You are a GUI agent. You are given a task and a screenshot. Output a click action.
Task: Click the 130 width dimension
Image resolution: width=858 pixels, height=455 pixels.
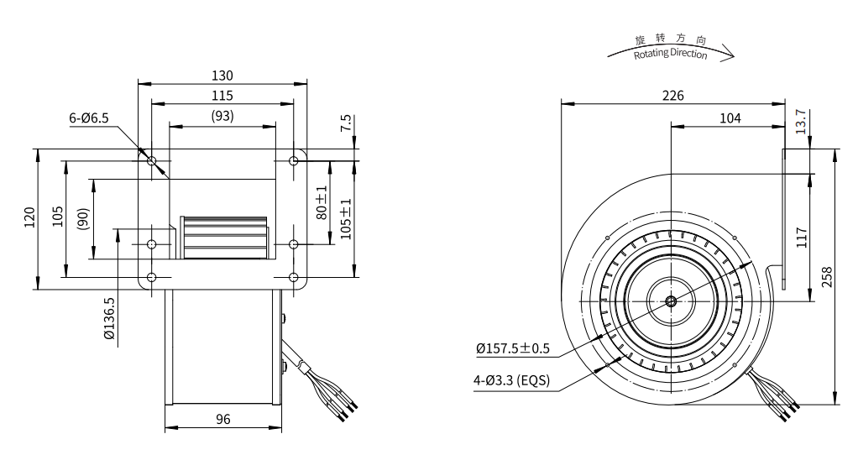pos(222,76)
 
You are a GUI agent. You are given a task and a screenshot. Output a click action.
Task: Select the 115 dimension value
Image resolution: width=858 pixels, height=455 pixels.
pos(222,96)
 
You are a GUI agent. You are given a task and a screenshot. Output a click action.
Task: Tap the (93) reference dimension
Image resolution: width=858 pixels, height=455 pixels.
pos(222,116)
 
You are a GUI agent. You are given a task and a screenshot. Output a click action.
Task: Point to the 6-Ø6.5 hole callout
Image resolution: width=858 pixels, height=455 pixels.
pos(89,118)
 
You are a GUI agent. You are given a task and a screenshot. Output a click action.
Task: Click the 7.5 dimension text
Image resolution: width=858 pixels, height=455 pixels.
pos(346,123)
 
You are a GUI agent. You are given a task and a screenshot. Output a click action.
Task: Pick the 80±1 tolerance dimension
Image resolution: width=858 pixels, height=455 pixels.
pos(322,203)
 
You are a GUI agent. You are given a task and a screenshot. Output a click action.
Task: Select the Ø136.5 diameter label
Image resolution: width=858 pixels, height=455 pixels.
pos(109,318)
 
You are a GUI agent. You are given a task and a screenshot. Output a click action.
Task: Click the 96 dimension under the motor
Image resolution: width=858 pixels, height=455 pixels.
pos(223,420)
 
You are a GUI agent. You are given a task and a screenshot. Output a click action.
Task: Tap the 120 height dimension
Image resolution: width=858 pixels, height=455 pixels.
pos(29,217)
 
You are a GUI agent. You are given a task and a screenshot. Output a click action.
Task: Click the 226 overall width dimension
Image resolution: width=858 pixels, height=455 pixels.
pos(673,96)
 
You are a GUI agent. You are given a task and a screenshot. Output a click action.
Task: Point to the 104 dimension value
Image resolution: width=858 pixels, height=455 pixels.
pos(730,118)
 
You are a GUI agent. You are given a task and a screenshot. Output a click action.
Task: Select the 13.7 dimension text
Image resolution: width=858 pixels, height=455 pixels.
pos(801,122)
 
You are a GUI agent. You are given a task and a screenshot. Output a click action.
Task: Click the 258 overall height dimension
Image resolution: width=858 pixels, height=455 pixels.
pos(827,277)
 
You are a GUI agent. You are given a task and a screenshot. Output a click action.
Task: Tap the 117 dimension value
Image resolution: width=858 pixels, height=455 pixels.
pos(802,238)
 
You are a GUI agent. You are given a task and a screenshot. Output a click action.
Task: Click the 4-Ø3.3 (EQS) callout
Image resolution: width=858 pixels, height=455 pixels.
pos(511,380)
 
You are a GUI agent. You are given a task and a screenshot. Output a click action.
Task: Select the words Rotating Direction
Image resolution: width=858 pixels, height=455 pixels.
pos(670,54)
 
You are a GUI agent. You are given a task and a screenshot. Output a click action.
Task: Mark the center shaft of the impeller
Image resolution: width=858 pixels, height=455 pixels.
pos(671,301)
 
